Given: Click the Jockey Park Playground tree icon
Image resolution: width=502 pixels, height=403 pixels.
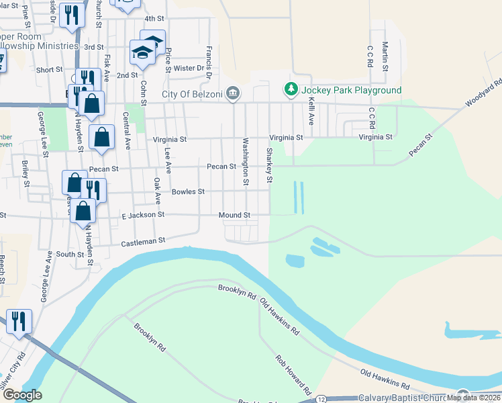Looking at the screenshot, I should tap(291, 89).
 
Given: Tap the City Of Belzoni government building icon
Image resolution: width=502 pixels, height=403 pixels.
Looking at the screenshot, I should tap(233, 93).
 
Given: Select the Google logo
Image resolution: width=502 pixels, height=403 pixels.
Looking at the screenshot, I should tap(22, 396).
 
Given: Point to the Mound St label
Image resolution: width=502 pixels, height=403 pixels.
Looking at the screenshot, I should tap(234, 215).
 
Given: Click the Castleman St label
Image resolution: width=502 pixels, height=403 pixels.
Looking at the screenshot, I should tap(143, 240).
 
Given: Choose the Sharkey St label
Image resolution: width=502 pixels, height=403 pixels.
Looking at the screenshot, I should tap(269, 165).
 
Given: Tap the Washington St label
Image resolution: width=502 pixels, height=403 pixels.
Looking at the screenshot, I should tap(246, 161).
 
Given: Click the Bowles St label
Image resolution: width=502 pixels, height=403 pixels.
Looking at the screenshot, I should tap(188, 191).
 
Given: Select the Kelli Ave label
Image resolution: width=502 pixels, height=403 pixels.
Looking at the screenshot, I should tap(311, 110).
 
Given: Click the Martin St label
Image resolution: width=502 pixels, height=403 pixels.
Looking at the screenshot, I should tap(385, 56).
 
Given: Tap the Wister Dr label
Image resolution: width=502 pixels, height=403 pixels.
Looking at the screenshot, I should tap(189, 68).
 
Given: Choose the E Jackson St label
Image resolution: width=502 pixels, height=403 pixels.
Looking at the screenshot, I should tap(143, 214).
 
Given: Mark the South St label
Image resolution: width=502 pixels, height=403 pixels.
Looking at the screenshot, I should tap(70, 254).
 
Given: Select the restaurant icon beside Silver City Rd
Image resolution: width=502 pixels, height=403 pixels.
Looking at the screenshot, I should tap(17, 320).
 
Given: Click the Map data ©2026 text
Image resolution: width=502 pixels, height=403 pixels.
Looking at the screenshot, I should tap(474, 398).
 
